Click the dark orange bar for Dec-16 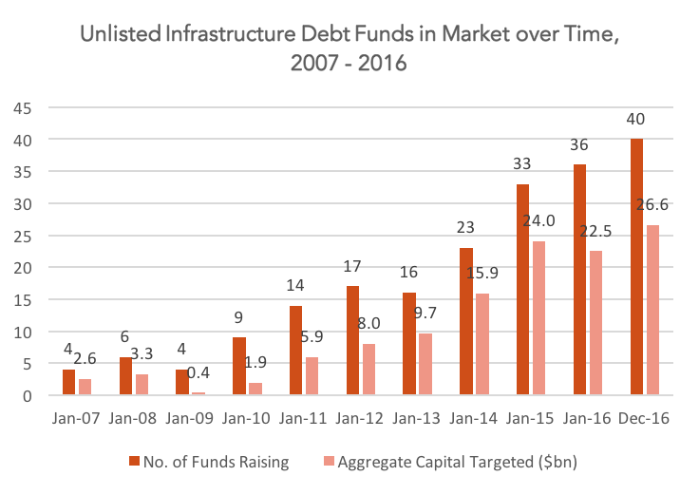636,267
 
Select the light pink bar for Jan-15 538,318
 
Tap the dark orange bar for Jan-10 239,366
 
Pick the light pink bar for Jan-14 482,344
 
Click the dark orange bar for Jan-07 68,382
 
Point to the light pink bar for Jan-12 368,370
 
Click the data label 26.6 652,204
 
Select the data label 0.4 198,372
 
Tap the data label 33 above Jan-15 522,163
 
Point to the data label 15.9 482,273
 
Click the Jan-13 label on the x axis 416,418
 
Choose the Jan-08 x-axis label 132,418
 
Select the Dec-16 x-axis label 644,418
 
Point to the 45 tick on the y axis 23,108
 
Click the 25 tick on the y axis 23,237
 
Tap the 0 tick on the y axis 28,396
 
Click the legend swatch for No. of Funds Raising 134,461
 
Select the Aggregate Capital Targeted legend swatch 329,461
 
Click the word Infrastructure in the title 231,34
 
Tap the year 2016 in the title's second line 382,63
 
